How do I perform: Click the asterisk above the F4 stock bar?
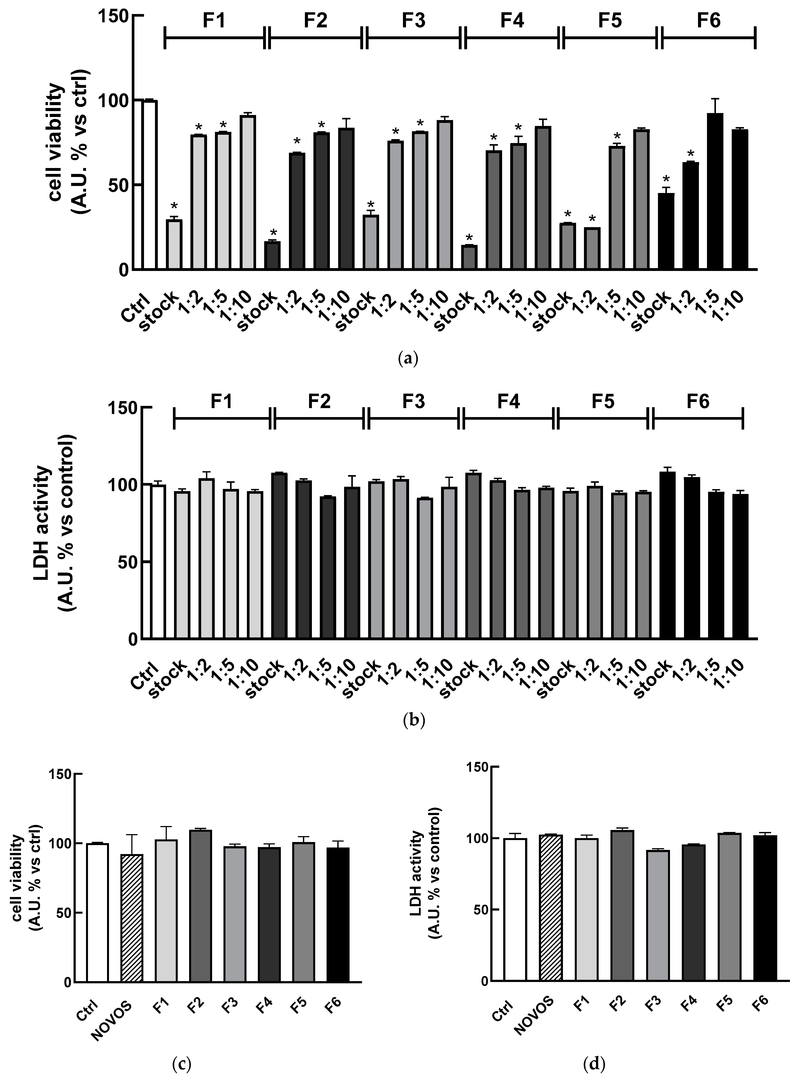pyautogui.click(x=469, y=238)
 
